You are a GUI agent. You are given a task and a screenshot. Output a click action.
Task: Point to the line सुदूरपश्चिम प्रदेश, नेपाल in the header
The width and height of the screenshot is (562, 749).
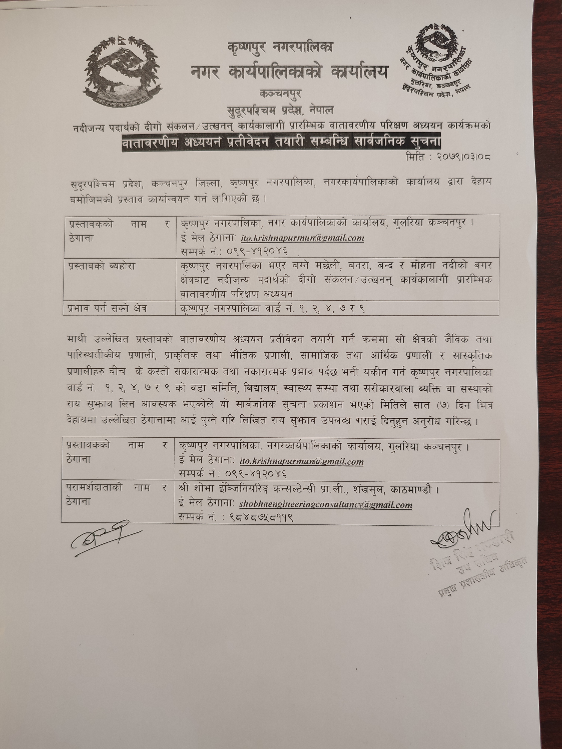(x=280, y=110)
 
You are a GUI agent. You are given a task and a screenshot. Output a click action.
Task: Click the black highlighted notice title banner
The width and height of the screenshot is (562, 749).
(x=281, y=142)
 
